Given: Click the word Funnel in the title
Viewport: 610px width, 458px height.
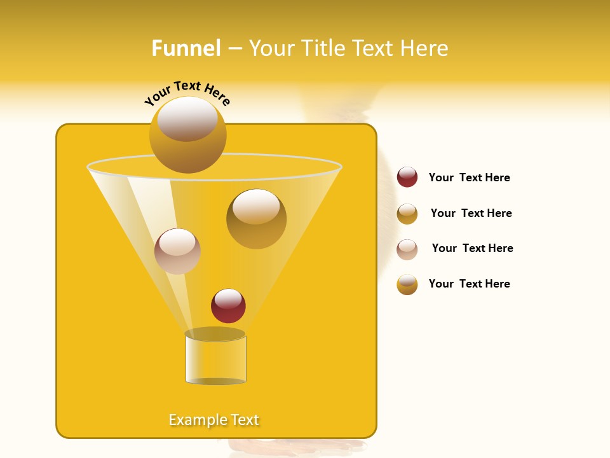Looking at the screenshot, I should click(186, 48).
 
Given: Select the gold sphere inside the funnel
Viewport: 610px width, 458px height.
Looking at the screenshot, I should click(256, 219).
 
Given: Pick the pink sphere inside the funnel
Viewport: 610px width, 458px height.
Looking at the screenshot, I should click(177, 251).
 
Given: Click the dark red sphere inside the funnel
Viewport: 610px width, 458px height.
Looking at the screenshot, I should click(228, 305).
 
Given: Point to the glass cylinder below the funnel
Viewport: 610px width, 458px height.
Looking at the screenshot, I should click(215, 360).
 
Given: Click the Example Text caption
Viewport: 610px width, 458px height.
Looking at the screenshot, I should click(214, 420).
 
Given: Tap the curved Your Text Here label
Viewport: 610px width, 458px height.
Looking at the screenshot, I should click(187, 93).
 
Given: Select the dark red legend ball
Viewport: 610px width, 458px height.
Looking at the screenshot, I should click(407, 177).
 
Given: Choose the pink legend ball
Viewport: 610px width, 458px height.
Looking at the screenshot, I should click(407, 249).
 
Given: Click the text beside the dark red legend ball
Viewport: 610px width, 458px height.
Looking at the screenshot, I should click(469, 177).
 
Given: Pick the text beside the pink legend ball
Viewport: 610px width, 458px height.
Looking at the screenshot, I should click(472, 248).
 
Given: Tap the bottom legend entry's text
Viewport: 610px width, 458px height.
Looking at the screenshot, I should click(469, 284).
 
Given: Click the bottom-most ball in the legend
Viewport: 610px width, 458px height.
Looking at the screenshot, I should click(407, 284).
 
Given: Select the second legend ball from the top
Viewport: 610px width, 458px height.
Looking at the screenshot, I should click(407, 214).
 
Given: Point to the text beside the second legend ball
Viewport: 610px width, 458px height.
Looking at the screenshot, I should click(471, 213).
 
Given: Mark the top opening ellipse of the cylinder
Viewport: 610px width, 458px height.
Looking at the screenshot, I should click(215, 334).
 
